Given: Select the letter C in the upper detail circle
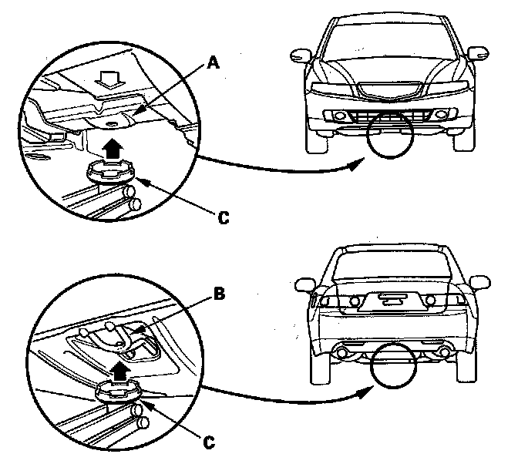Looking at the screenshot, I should click(222, 218).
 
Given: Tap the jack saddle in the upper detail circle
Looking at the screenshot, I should click(110, 169).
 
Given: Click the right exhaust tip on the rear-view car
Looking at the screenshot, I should click(446, 353).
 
